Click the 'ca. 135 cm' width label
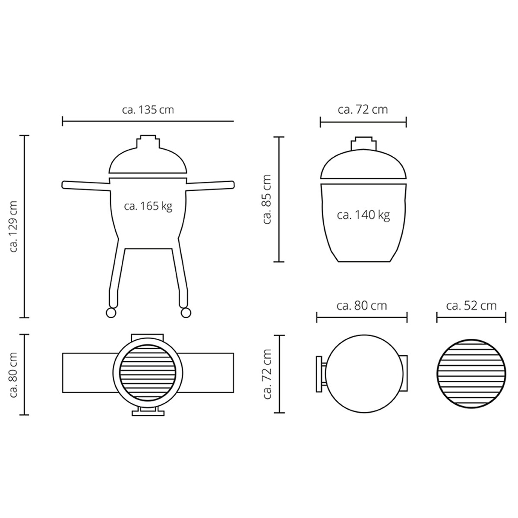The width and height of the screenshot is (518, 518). [x=148, y=109]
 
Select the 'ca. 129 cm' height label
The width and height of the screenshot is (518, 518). [x=14, y=226]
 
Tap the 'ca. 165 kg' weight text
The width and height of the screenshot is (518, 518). [x=148, y=206]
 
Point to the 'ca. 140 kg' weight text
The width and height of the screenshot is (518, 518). [x=363, y=215]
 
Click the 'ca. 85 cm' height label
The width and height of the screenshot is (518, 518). [x=267, y=199]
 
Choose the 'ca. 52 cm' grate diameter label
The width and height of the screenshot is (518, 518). [x=471, y=306]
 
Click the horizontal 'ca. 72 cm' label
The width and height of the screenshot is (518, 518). [x=363, y=110]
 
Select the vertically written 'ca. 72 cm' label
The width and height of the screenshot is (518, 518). [x=267, y=374]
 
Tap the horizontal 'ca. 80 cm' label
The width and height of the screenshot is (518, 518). [x=362, y=306]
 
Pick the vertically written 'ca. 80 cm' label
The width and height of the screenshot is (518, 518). [x=14, y=374]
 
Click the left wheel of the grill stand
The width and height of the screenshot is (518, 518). [x=111, y=312]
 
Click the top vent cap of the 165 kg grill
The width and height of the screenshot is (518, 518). [x=148, y=142]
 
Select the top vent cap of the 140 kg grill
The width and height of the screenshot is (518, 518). [x=363, y=143]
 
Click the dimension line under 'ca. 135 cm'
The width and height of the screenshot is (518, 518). [x=148, y=121]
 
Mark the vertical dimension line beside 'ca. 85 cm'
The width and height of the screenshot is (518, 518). [x=280, y=199]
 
